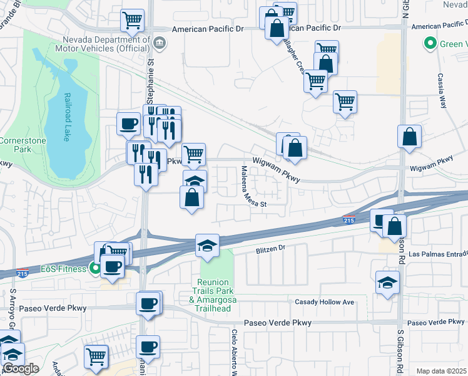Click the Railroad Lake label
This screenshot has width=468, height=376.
(69, 118)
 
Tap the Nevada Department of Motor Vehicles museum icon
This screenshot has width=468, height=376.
(160, 43)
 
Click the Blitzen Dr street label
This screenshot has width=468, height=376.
(270, 249)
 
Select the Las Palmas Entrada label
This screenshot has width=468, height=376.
(438, 254)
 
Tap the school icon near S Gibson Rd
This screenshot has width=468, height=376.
(388, 281)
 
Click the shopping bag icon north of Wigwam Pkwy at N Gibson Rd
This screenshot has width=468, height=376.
(409, 137)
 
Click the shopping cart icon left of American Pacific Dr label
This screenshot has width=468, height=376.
(133, 20)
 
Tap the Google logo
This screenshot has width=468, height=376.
(20, 368)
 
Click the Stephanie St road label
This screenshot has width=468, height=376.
(150, 81)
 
